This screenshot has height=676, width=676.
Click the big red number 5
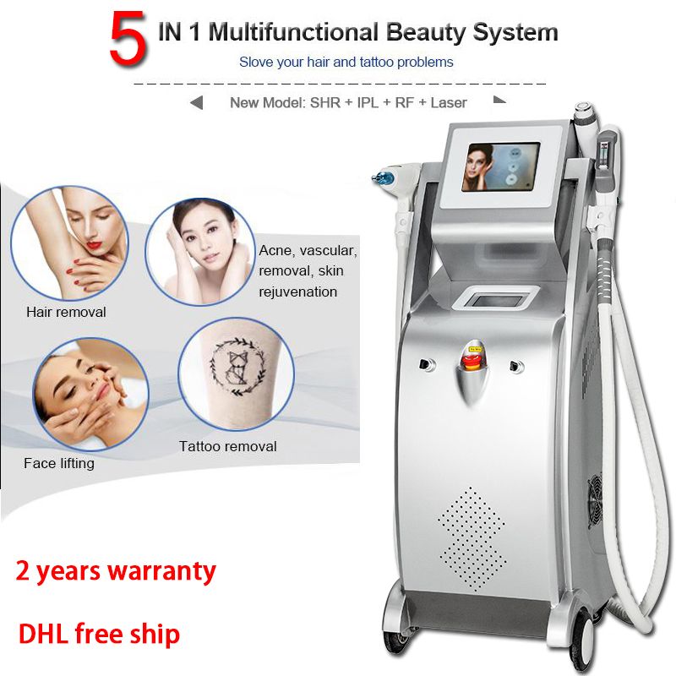128,38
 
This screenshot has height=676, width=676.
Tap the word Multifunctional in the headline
293,32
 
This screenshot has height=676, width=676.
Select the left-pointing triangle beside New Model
197,103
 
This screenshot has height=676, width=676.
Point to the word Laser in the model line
449,102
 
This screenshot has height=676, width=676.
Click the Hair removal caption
66,312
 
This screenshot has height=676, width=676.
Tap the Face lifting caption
59,463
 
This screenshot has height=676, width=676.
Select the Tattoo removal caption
228,446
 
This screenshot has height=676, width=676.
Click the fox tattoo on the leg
237,367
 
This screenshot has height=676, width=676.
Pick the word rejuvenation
298,292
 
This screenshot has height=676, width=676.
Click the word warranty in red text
161,572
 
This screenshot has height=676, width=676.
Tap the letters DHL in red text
43,634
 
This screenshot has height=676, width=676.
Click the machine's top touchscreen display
500,167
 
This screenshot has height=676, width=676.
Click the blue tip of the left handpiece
381,177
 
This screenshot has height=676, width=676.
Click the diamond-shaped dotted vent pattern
472,538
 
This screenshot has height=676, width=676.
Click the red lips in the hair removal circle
94,246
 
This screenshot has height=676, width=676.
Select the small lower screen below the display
495,298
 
